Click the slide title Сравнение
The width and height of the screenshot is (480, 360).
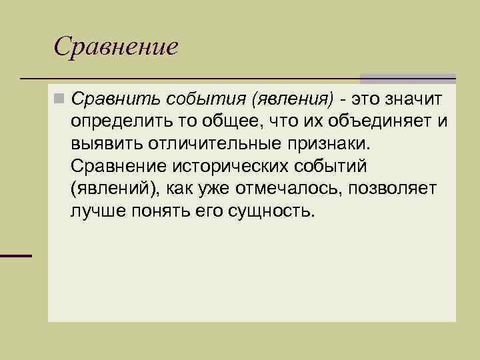tap(116, 46)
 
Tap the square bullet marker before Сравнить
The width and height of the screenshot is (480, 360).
tap(59, 99)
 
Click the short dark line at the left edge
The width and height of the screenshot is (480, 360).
tap(16, 256)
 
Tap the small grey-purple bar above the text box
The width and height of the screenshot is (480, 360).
tap(408, 78)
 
